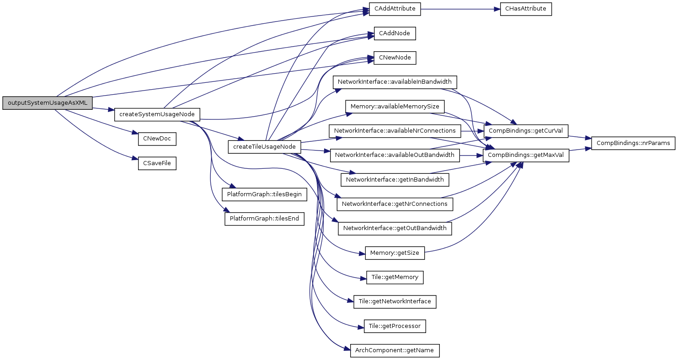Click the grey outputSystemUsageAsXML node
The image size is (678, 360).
[x=47, y=103]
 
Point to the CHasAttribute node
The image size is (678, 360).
[x=526, y=9]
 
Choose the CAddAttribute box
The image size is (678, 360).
[x=395, y=9]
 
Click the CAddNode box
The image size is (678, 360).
[x=395, y=33]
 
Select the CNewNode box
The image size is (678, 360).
[x=395, y=58]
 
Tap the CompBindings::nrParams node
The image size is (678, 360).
[x=633, y=143]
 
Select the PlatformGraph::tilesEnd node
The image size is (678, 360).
[x=264, y=219]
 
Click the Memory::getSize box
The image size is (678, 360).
[x=395, y=253]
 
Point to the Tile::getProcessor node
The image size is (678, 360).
[x=395, y=326]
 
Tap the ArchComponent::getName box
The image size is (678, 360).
[x=395, y=351]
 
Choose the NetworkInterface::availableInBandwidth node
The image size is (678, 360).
[x=395, y=82]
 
